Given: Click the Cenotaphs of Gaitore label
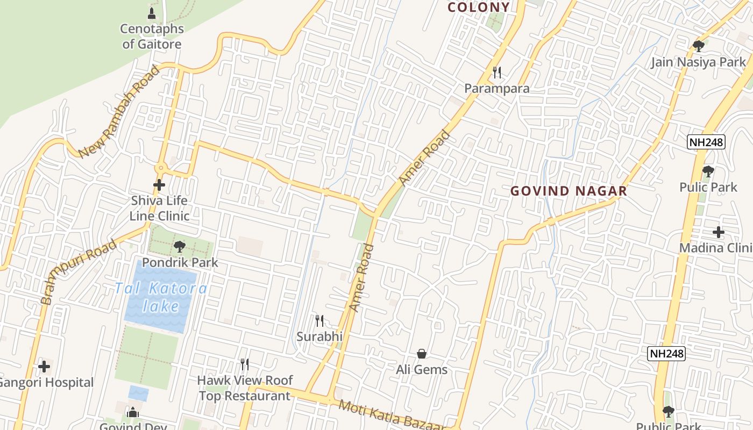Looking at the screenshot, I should (x=152, y=37).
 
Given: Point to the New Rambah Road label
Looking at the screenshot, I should (x=119, y=111).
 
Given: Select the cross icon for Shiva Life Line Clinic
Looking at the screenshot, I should (x=159, y=185).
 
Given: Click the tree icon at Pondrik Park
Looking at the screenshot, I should (x=180, y=247).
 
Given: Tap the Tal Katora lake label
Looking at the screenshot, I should (x=161, y=297).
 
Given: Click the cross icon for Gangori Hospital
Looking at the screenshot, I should (x=44, y=367).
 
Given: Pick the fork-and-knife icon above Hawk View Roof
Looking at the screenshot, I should (x=245, y=364).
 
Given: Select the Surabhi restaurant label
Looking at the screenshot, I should (x=319, y=336).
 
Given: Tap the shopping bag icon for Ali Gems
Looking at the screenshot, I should (x=422, y=354).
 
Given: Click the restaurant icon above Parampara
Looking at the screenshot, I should (x=497, y=72).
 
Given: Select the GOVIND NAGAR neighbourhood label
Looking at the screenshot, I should (x=569, y=191).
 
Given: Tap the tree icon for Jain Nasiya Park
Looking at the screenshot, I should (x=699, y=46).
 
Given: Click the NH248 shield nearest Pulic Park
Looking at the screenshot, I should (x=706, y=142).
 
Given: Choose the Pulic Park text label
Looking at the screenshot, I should (x=708, y=187).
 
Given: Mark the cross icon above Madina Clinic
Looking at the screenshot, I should (x=719, y=232).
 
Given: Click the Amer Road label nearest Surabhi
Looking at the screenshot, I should (x=361, y=277).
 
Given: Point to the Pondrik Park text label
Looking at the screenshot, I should (x=180, y=262).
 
